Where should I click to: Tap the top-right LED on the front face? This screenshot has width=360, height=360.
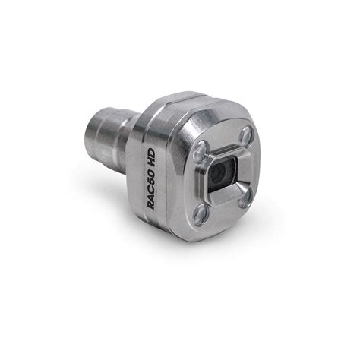click(245, 136)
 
